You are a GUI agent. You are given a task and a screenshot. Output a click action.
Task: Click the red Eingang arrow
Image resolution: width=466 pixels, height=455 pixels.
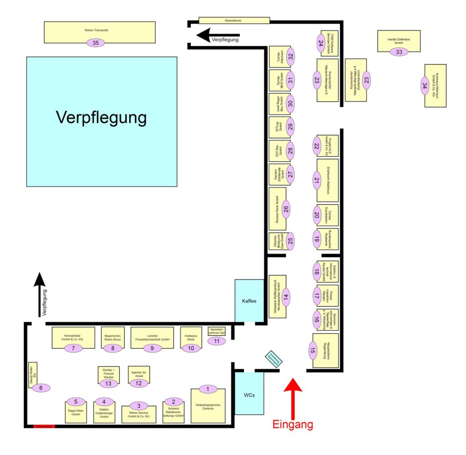pos(293,396)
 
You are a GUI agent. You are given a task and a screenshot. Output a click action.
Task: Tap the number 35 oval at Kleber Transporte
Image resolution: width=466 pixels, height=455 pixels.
pos(96,43)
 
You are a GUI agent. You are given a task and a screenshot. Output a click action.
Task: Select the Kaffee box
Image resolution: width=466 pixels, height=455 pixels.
pos(249,301)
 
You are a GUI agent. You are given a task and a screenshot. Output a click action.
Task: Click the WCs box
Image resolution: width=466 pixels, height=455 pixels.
pos(249,394)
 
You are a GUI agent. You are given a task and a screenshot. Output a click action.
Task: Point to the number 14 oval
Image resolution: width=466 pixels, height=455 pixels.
pos(285,297)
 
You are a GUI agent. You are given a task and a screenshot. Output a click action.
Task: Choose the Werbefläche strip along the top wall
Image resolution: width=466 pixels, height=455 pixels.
pos(234,20)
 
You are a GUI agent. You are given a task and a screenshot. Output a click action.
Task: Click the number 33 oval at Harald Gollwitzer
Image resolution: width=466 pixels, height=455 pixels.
pos(399,52)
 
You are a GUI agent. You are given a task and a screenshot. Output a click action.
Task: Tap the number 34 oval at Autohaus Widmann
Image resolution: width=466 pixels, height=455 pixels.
pos(424,86)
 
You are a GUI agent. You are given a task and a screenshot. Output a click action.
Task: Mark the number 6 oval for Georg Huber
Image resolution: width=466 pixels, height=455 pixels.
pos(41,388)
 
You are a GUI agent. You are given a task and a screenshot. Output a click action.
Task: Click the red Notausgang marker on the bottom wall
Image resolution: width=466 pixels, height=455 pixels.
pos(45,426)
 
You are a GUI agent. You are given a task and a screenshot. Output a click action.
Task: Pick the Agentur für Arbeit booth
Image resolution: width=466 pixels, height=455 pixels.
pos(139,374)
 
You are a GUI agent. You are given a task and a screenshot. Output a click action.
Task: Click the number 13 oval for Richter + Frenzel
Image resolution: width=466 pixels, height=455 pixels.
pos(108,384)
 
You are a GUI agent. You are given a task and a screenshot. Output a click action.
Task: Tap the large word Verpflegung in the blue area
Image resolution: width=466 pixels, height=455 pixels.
pos(101,118)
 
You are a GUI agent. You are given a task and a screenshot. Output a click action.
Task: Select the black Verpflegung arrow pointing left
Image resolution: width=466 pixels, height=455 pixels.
pos(218,35)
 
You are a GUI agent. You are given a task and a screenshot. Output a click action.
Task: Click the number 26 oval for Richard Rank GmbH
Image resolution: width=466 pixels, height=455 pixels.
pos(286,209)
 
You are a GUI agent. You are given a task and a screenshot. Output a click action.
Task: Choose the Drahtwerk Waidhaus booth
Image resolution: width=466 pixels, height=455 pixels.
pos(328,180)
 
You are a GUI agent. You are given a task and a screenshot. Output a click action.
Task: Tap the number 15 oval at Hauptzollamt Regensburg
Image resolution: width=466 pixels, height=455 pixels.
pos(312,350)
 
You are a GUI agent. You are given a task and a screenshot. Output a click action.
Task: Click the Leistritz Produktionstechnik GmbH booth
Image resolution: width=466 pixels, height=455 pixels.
pos(152,337)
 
